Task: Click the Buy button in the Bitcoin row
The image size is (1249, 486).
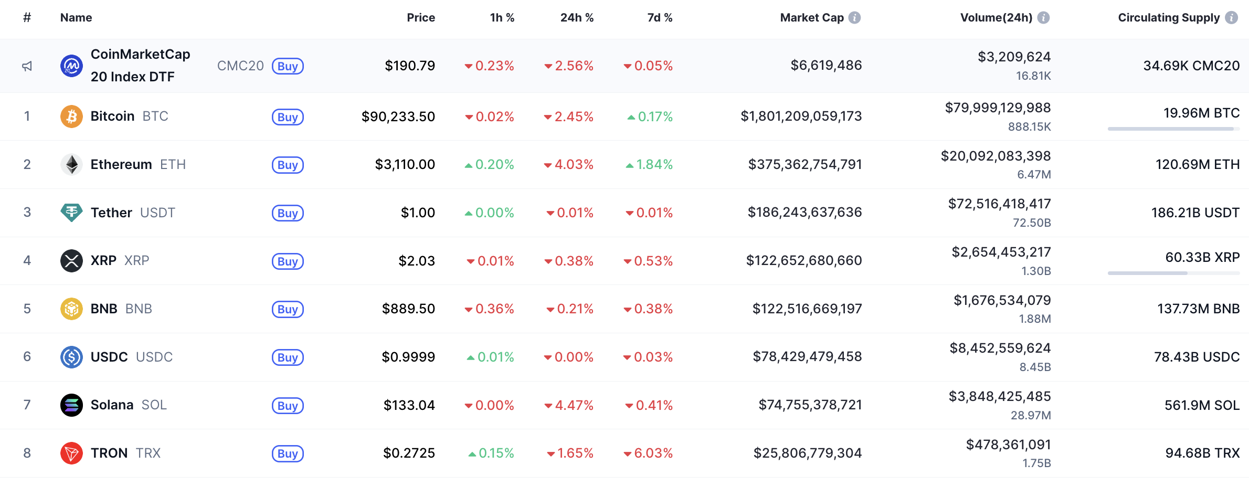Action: pos(288,117)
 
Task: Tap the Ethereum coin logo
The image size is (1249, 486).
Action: pos(71,164)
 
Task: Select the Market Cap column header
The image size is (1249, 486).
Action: pos(811,18)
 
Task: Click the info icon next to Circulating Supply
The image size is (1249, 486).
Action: pos(1231,18)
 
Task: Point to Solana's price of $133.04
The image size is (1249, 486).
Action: pos(409,405)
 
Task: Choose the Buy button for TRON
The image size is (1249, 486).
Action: pos(288,453)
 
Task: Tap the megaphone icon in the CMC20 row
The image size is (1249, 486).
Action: pos(27,66)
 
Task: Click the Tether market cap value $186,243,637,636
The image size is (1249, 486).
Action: pos(805,213)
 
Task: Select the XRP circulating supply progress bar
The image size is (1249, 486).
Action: pos(1173,273)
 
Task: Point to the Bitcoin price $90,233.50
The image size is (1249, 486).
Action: pos(398,117)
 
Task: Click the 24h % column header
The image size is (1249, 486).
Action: pos(577,18)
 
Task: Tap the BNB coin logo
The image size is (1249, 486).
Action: pos(71,309)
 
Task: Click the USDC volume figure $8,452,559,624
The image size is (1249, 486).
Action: pos(1000,348)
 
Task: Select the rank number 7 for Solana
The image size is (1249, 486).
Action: pos(27,405)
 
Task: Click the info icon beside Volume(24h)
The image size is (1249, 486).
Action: pos(1044,18)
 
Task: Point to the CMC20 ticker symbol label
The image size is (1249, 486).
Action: pos(240,66)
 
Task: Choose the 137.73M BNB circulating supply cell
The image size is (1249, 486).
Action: pos(1198,309)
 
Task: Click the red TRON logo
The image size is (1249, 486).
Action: pos(71,453)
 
